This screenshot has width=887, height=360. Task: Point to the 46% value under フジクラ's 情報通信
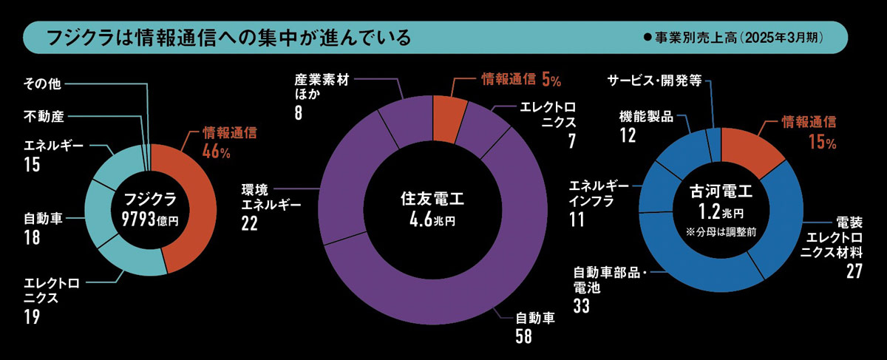click(217, 152)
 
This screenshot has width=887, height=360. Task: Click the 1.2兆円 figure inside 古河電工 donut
click(716, 213)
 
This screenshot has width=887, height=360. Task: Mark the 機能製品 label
click(646, 117)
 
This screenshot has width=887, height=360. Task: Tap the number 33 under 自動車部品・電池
click(581, 305)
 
